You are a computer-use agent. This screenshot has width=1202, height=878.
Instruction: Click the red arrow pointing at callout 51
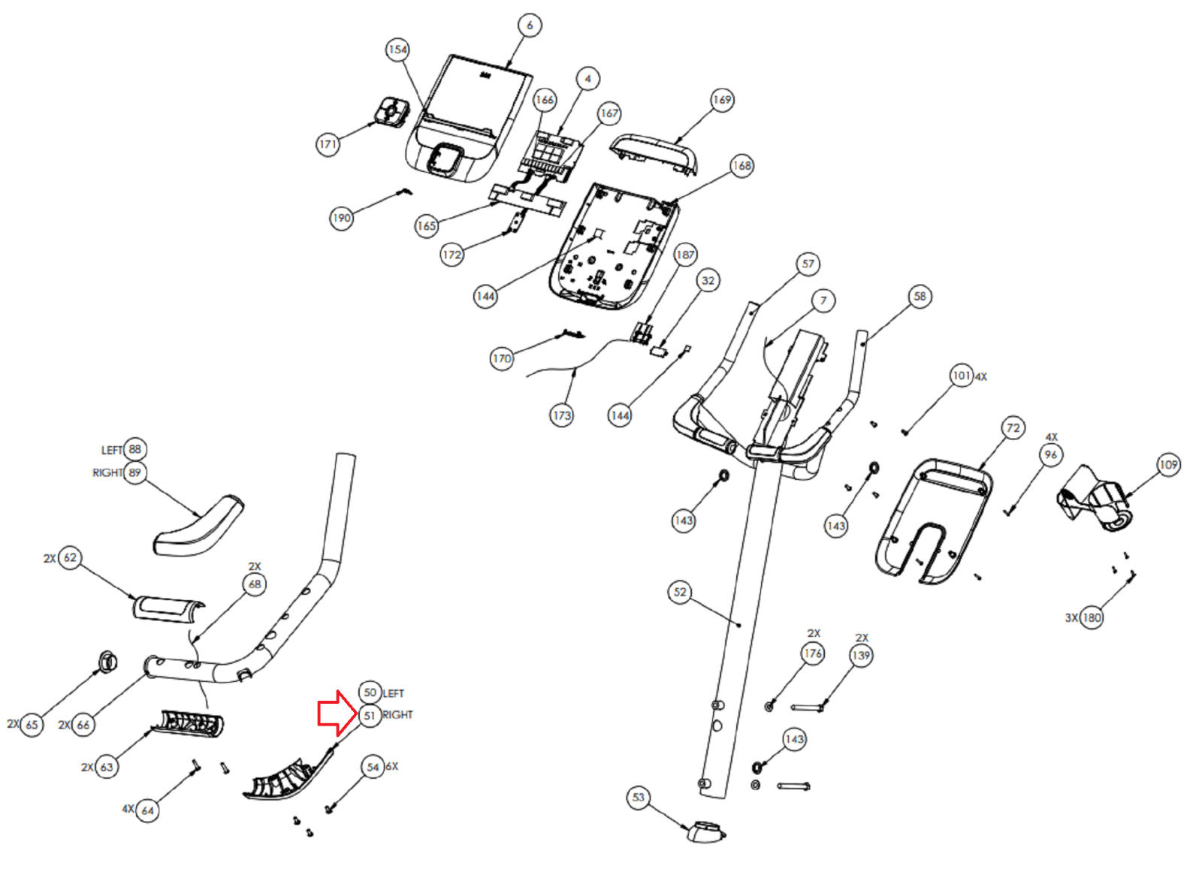337,713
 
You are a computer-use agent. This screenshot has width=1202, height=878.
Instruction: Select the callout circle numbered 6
530,26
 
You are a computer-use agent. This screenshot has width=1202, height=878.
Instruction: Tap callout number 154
397,50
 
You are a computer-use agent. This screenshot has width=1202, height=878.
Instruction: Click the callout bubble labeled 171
328,144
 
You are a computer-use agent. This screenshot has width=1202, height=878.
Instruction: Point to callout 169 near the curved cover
722,100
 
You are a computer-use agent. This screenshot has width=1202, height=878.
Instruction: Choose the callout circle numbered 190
341,219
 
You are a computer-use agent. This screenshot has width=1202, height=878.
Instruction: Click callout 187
685,255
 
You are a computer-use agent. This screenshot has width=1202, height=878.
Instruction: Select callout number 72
1013,428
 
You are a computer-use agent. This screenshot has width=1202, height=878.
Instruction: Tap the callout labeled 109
1168,464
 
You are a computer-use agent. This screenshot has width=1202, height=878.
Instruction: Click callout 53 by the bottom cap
638,798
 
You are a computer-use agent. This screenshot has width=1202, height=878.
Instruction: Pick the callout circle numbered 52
680,592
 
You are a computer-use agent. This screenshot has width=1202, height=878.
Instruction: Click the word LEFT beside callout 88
112,451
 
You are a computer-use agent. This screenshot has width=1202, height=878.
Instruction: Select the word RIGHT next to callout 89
107,473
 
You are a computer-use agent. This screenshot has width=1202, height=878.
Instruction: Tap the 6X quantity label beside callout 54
391,766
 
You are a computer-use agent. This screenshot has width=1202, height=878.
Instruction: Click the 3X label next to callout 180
1071,618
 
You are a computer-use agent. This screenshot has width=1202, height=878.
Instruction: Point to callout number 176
812,653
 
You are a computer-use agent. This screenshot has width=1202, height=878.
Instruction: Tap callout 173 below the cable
561,415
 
